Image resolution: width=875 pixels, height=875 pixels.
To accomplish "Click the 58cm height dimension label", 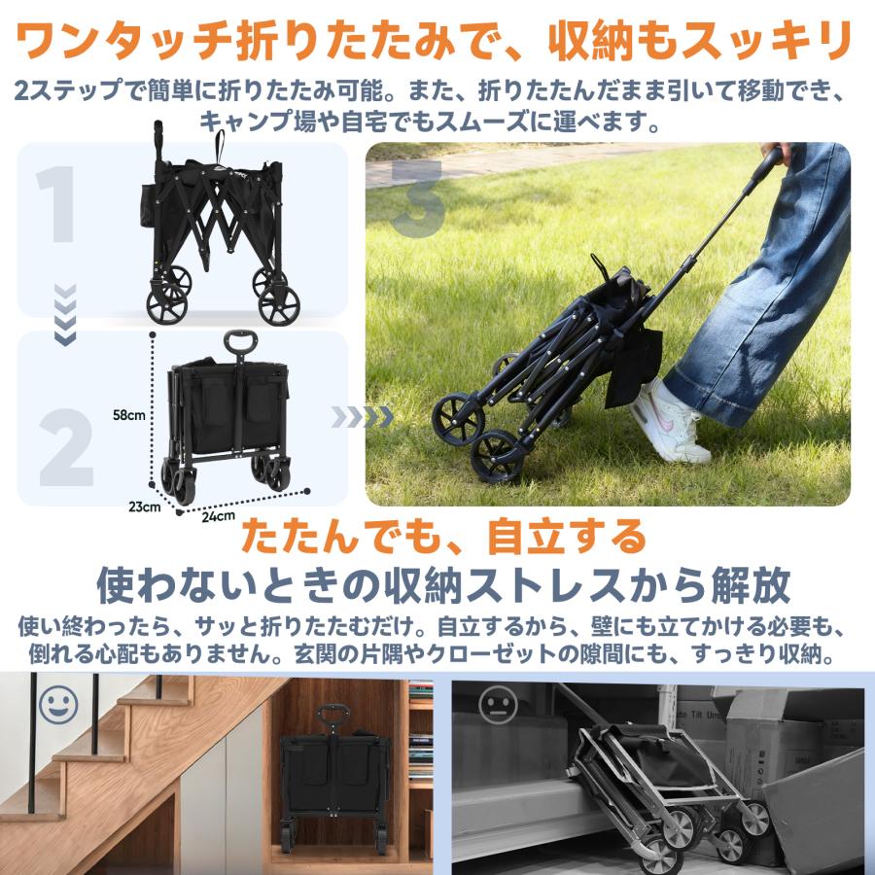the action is tap(129, 414).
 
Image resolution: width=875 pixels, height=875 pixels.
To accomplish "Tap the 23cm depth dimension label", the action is tap(145, 507).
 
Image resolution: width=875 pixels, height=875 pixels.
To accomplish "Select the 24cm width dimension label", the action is tap(218, 516).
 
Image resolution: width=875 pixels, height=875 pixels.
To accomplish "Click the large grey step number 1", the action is tap(55, 204).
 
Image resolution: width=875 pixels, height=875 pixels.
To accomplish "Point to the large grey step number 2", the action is tap(66, 447).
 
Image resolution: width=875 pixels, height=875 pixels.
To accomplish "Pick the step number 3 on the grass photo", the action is tap(417, 198).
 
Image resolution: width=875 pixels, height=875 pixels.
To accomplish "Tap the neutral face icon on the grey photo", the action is tap(499, 705).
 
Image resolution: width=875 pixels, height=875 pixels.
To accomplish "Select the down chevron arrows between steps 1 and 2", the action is tap(65, 315).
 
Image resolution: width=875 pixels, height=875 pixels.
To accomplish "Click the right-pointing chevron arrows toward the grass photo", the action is tap(363, 417).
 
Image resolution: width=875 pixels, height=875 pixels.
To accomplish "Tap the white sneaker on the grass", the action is tap(670, 421).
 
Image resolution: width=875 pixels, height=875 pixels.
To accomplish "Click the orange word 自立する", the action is tap(566, 536).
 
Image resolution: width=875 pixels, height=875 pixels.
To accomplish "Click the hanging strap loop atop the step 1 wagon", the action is tap(220, 146).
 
